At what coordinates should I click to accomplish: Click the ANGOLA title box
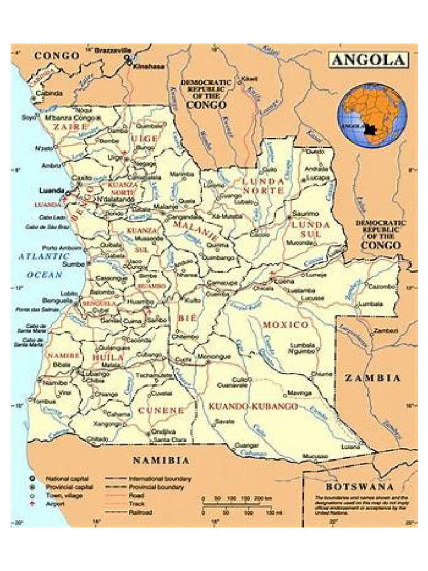point(368,60)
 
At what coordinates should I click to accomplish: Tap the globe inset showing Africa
point(371,115)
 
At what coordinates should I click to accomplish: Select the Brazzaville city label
point(113,50)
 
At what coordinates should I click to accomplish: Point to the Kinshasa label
point(149,66)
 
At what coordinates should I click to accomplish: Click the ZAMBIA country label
point(372,378)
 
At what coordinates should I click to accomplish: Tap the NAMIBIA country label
point(160,461)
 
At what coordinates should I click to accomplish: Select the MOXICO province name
point(285,325)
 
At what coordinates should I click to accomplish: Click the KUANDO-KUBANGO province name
point(254,407)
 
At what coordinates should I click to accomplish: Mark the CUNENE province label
point(161,410)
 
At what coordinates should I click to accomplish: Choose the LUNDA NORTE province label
point(263,186)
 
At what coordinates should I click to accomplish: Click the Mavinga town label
point(300,393)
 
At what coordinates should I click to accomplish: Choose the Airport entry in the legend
point(55,503)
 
